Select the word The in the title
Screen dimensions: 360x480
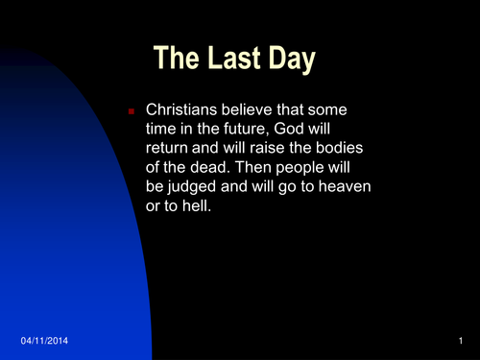tap(178, 60)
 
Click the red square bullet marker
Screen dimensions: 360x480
tap(131, 113)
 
